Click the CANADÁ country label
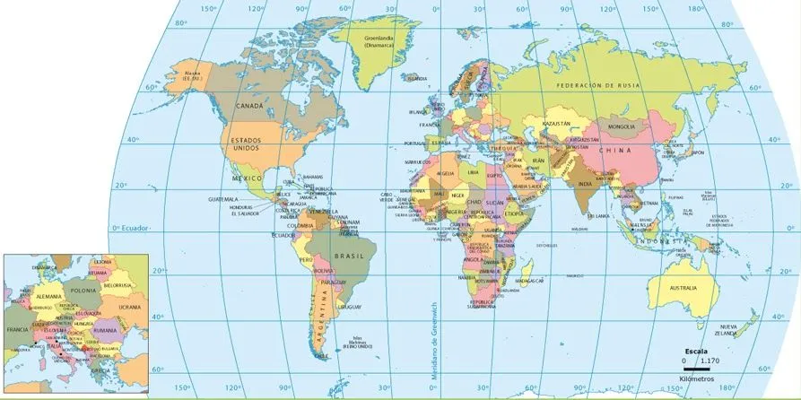(248, 106)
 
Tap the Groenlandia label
(380, 40)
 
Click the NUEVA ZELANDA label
(727, 329)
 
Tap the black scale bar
(697, 369)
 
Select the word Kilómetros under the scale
(698, 379)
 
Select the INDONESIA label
(659, 241)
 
